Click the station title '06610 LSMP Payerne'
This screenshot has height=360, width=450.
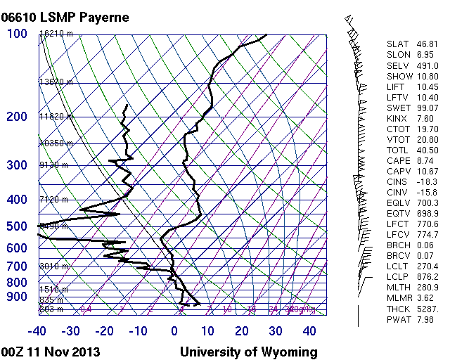(65, 17)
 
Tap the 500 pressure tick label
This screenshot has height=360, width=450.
(17, 226)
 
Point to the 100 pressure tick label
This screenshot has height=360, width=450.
(17, 34)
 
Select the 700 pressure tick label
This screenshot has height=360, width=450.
(17, 266)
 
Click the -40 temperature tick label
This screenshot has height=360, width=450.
(37, 331)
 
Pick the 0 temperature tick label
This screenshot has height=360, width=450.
(174, 331)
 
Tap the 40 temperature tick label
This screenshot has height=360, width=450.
(309, 331)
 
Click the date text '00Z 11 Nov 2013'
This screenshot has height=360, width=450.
(51, 352)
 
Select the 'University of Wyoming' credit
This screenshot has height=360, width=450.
(249, 352)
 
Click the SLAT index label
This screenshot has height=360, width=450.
(397, 44)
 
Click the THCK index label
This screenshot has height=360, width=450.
(397, 310)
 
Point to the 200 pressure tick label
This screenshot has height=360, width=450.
(17, 117)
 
